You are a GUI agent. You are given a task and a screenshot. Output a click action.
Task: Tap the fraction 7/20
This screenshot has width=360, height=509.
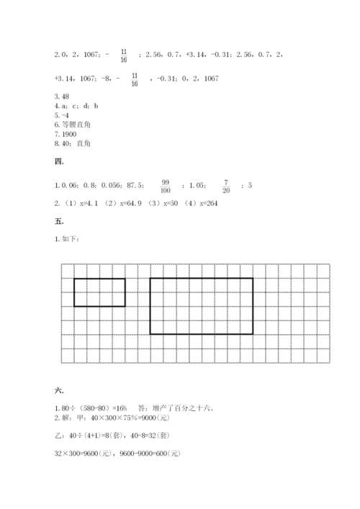click(x=225, y=186)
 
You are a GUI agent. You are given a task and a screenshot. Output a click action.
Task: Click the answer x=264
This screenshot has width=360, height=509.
click(x=204, y=204)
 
